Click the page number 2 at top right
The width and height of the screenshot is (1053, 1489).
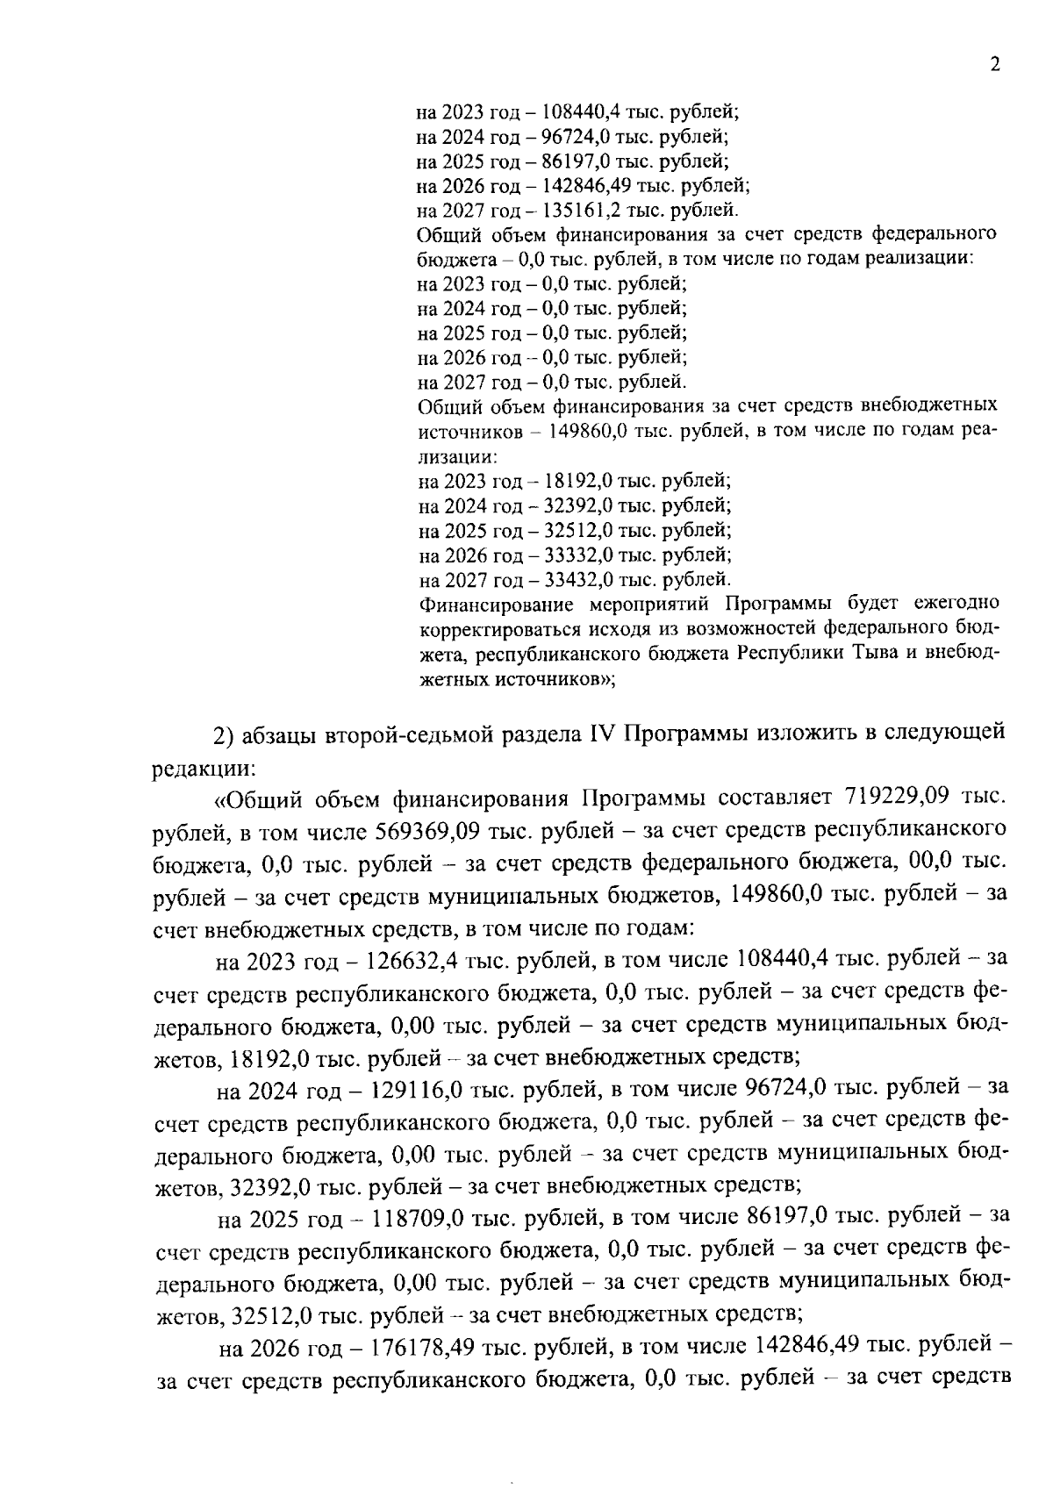[x=994, y=65]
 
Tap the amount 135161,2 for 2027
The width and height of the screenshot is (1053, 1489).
[x=579, y=211]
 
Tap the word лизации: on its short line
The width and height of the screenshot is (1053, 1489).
[x=458, y=457]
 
